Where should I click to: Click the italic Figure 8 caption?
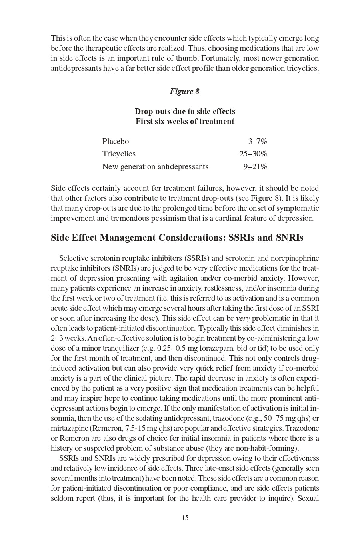pyautogui.click(x=184, y=91)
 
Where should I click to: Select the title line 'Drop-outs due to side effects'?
pyautogui.click(x=185, y=111)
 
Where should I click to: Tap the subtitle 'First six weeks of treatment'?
pyautogui.click(x=185, y=121)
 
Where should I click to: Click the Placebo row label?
pyautogui.click(x=116, y=141)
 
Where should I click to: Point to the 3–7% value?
pyautogui.click(x=258, y=141)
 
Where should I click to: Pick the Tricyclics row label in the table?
pyautogui.click(x=119, y=154)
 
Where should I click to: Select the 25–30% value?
pyautogui.click(x=253, y=154)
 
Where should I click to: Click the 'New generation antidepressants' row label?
pyautogui.click(x=155, y=166)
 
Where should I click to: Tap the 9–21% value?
pyautogui.click(x=255, y=166)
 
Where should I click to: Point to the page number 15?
pyautogui.click(x=185, y=518)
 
